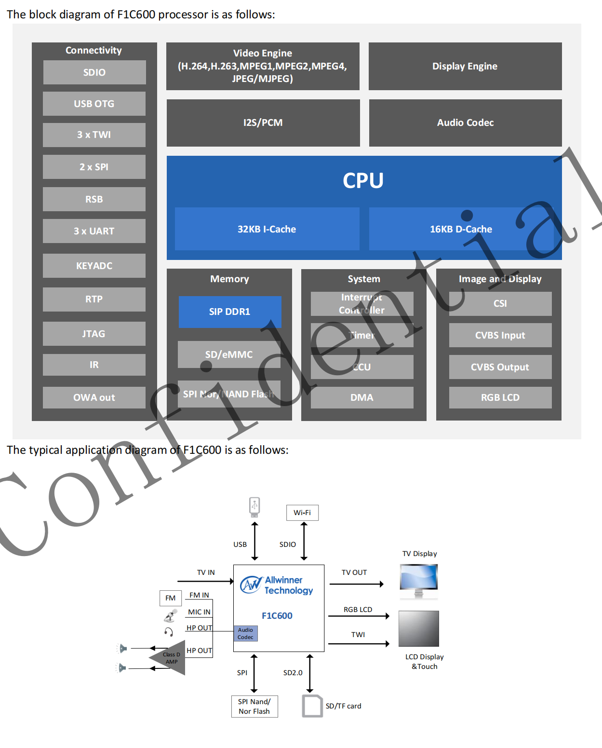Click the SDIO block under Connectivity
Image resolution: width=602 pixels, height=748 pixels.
point(94,72)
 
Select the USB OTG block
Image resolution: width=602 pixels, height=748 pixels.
point(94,104)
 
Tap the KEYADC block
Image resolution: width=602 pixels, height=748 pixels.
point(94,266)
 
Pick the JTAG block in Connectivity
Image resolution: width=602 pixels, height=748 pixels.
point(94,334)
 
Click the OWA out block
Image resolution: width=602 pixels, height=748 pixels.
point(94,397)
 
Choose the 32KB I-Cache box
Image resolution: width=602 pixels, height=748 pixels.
point(267,229)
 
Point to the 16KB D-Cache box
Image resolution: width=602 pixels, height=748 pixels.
point(461,229)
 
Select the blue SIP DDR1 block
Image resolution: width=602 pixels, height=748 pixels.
point(230,312)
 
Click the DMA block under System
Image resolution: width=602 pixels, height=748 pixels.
point(362,397)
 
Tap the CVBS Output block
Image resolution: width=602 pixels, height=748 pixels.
point(500,367)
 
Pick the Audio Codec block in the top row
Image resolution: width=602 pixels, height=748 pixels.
point(465,122)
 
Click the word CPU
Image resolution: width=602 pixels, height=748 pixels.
point(363,181)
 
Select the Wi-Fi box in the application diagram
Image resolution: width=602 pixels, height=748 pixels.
point(302,513)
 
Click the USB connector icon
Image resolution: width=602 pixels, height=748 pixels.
point(254,506)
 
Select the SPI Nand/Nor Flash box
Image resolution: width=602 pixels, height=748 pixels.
point(254,707)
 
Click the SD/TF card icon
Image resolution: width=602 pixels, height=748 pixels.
point(312,706)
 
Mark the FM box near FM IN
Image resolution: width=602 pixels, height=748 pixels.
point(171,598)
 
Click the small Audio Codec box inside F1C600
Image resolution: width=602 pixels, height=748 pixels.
point(245,633)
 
